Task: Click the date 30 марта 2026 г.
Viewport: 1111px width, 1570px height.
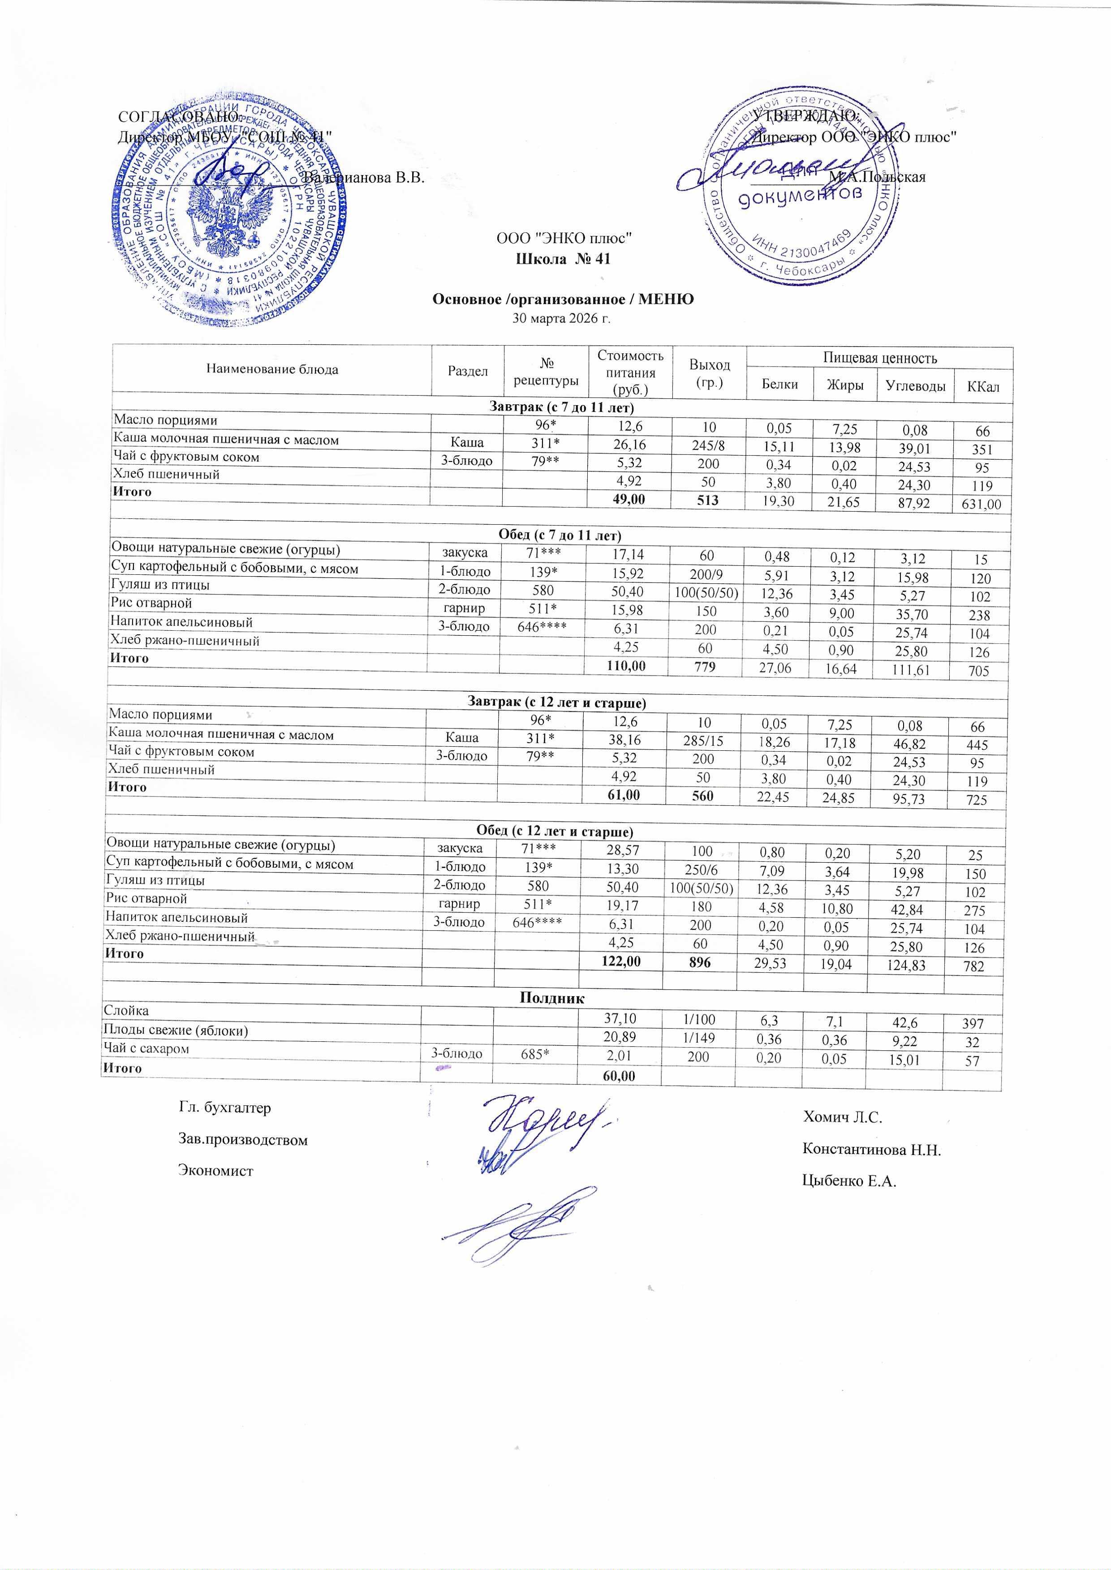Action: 561,318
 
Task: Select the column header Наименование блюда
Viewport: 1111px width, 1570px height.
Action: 271,369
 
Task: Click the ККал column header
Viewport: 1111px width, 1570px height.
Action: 983,386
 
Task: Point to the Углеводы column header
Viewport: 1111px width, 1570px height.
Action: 915,385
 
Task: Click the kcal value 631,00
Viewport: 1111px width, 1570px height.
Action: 981,505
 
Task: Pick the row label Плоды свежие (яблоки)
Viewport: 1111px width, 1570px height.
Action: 175,1030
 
